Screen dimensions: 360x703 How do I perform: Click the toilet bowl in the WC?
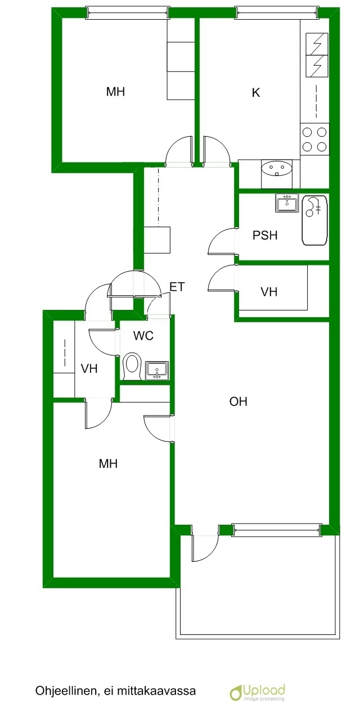(x=131, y=367)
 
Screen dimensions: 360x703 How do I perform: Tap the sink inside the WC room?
(x=157, y=370)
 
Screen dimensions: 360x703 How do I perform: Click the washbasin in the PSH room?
(x=287, y=202)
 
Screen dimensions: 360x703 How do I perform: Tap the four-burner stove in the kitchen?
(x=314, y=139)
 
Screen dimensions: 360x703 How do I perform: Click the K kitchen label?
(x=256, y=93)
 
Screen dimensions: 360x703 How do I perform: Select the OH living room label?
(x=238, y=402)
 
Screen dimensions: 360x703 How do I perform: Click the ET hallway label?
(x=177, y=287)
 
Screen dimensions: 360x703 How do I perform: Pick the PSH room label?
(x=265, y=235)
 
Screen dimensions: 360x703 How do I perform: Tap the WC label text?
(x=143, y=336)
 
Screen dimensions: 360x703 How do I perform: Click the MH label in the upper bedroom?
(x=115, y=92)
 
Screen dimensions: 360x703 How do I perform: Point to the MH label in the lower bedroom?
(x=108, y=463)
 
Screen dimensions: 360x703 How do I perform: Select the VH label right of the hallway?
(x=269, y=292)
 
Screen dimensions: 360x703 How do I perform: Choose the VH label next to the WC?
(x=89, y=368)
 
